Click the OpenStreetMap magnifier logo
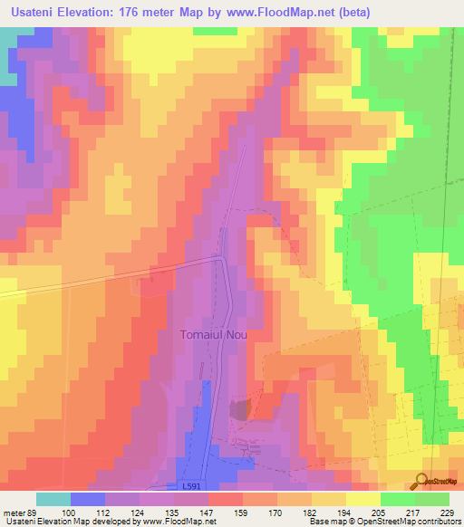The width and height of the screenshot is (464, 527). (421, 481)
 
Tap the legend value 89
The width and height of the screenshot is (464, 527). (32, 512)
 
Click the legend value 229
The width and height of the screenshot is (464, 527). (446, 512)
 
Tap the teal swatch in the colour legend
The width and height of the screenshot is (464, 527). (53, 499)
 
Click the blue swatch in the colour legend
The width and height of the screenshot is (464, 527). (88, 499)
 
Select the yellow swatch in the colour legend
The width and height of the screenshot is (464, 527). (363, 499)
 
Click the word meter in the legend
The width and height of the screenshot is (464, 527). (13, 512)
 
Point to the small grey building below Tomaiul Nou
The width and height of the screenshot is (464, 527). (238, 410)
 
